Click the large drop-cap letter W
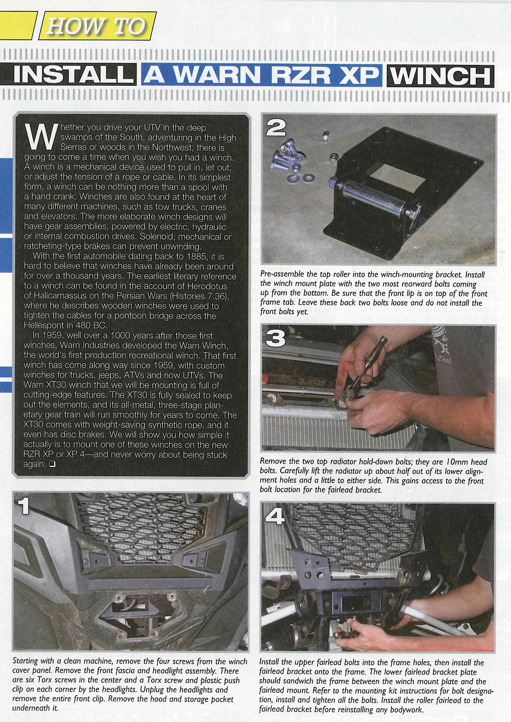[x=41, y=136]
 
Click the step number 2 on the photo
[x=276, y=128]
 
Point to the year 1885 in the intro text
[x=193, y=256]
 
